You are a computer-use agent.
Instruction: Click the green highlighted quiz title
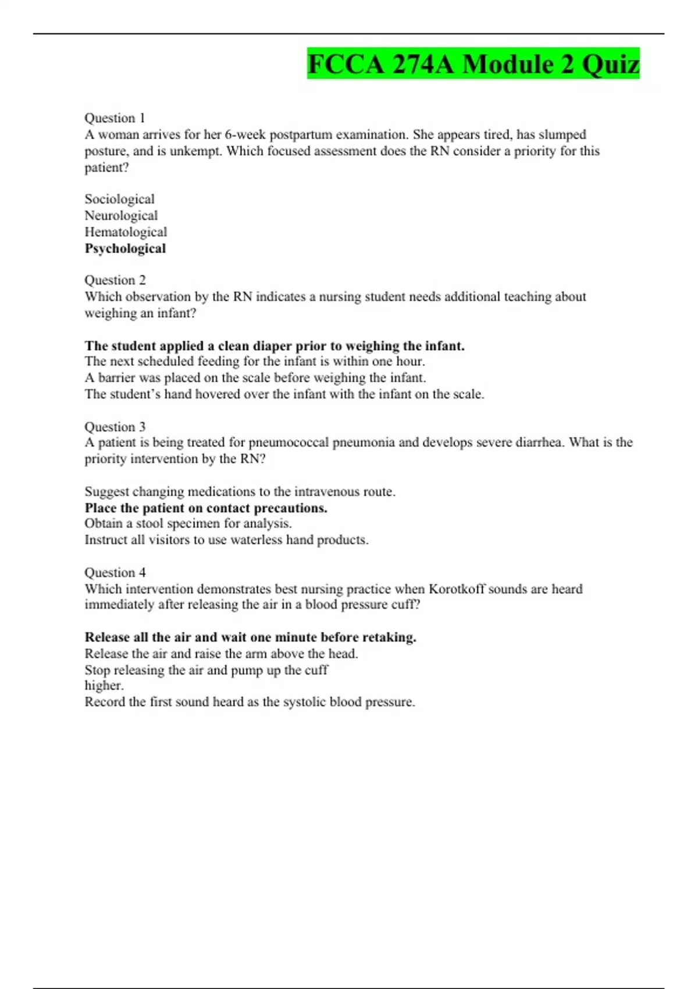tap(473, 64)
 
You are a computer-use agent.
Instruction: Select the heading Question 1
tap(115, 118)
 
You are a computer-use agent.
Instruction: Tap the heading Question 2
tap(115, 280)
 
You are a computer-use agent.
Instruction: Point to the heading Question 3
tap(115, 426)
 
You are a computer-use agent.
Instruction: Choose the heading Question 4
tap(115, 572)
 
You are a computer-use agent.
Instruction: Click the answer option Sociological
tap(119, 199)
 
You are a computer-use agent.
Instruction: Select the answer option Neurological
tap(121, 215)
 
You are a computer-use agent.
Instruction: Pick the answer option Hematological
tap(126, 232)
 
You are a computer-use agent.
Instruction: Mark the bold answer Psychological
tap(125, 248)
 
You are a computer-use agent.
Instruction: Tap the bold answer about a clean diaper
tap(275, 346)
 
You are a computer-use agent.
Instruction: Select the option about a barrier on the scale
tap(255, 378)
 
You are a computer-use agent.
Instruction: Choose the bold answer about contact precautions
tap(206, 508)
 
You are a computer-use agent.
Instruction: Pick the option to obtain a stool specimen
tap(188, 524)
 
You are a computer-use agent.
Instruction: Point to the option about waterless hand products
tap(226, 540)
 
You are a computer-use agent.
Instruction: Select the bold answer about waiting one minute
tap(250, 637)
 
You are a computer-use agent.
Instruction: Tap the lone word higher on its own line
tap(104, 686)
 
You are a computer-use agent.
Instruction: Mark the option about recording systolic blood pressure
tap(250, 702)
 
